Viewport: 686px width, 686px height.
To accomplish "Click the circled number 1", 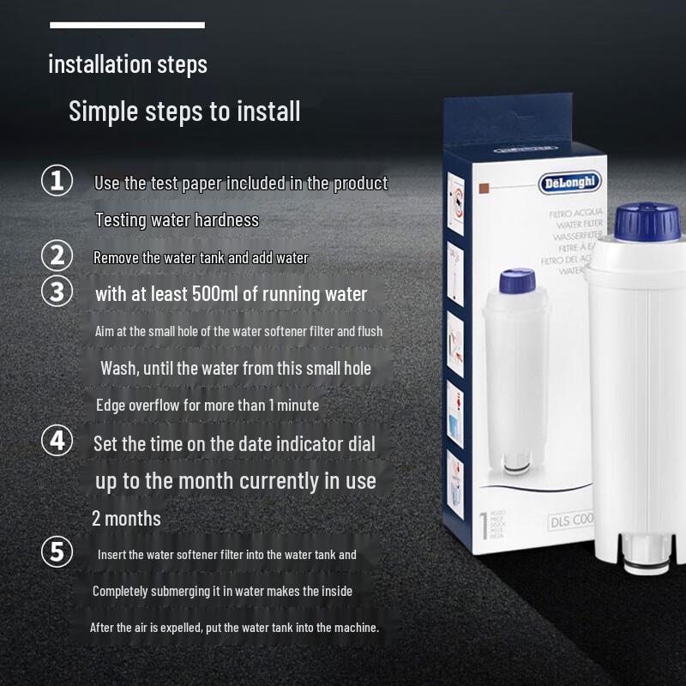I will [x=57, y=182].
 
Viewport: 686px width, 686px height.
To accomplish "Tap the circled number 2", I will [x=57, y=256].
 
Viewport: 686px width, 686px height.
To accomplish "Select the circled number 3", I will [x=57, y=292].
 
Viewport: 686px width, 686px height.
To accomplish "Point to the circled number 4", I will [x=57, y=442].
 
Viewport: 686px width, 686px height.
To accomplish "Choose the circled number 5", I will [x=57, y=552].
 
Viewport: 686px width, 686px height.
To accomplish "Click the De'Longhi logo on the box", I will [x=570, y=183].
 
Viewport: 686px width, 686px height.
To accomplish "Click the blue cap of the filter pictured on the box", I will [x=517, y=281].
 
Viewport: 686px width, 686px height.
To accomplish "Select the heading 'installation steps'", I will [x=128, y=64].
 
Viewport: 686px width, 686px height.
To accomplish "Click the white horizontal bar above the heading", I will [x=127, y=25].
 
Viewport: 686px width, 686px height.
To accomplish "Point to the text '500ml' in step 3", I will [x=220, y=294].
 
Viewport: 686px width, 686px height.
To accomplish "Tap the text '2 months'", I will [x=126, y=518].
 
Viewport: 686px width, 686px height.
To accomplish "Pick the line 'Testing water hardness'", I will [x=177, y=220].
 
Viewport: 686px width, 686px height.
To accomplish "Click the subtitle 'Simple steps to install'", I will [x=184, y=111].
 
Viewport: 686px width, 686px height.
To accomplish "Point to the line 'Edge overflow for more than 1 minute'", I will [x=207, y=405].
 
